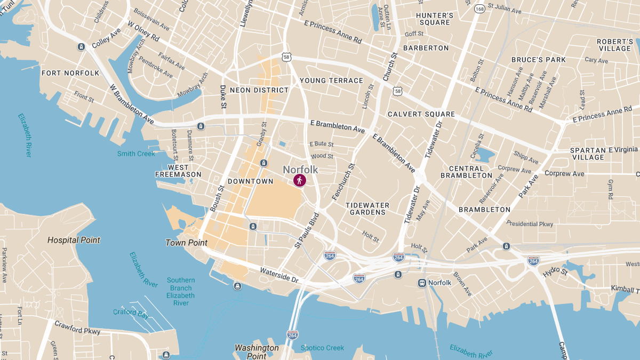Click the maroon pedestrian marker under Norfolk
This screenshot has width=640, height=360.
(x=300, y=181)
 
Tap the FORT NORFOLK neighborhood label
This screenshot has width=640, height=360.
(x=70, y=73)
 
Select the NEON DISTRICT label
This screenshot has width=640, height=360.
(x=259, y=90)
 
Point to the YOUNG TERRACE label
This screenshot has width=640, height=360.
(x=331, y=81)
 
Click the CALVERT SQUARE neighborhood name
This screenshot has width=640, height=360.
(x=421, y=114)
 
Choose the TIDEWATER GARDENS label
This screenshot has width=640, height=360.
(x=367, y=209)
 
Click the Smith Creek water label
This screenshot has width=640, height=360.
(x=136, y=154)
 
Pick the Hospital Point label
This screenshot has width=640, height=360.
(x=74, y=240)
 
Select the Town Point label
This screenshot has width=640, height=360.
(x=186, y=243)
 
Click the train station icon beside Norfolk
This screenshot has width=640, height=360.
(x=422, y=283)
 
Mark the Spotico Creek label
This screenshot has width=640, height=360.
(x=322, y=348)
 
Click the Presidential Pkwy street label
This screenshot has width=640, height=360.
(x=530, y=223)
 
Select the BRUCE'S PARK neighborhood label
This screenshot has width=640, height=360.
(x=538, y=60)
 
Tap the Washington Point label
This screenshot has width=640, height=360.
(x=257, y=352)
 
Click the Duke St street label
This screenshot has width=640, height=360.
(x=223, y=98)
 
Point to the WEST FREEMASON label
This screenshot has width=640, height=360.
(x=178, y=171)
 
